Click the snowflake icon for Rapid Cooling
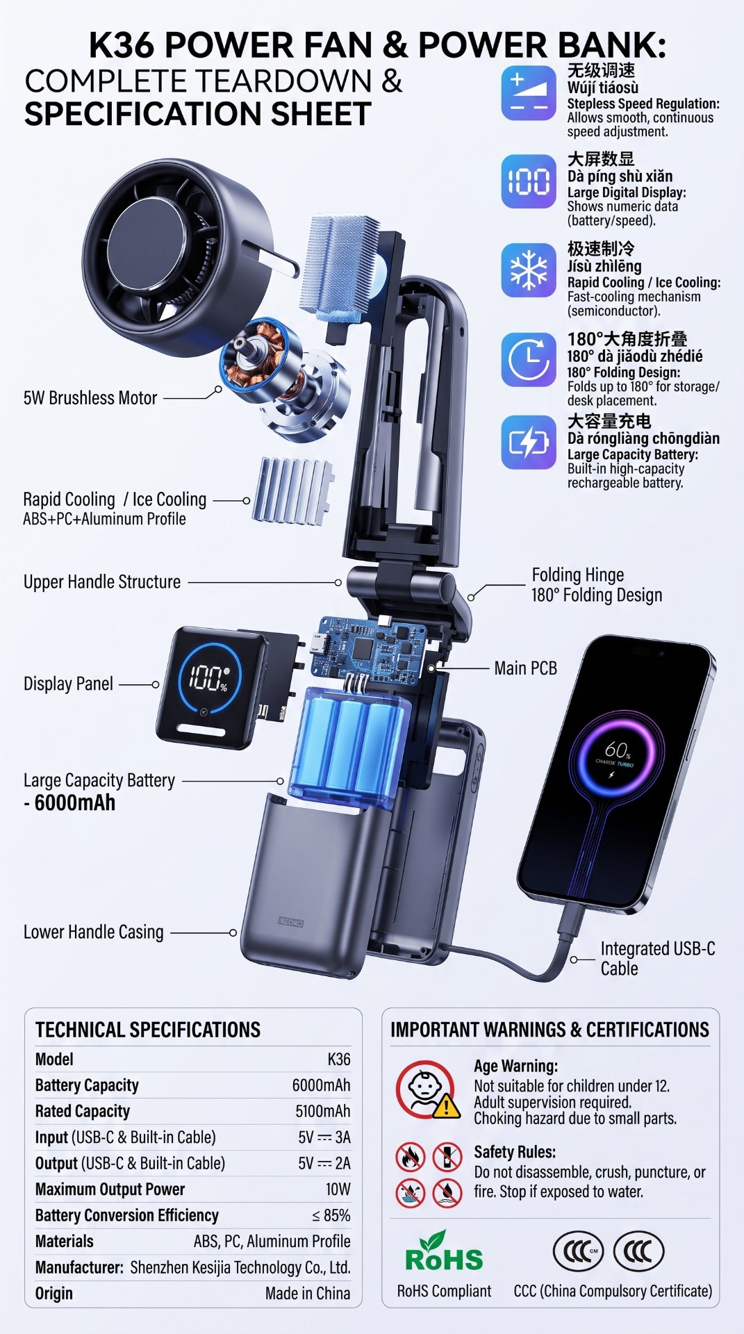529,270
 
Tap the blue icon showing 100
529,181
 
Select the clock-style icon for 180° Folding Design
529,359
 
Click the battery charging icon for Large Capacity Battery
529,443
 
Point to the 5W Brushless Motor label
90,398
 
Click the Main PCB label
526,668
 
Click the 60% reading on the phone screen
617,750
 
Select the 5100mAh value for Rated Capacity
323,1111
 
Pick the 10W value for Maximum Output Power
338,1189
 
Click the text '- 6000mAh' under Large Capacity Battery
69,803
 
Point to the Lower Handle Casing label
94,932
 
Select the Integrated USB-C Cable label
657,959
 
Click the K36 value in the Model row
339,1060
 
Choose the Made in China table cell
308,1294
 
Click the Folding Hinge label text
578,575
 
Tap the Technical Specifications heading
148,1030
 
